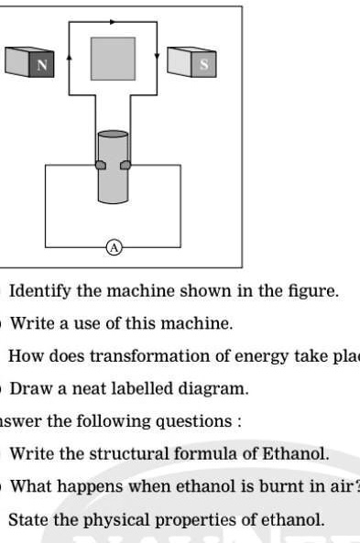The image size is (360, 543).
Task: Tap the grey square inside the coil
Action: click(x=113, y=59)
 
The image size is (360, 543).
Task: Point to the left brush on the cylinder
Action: click(x=100, y=165)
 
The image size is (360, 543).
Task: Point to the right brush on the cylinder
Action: click(x=126, y=165)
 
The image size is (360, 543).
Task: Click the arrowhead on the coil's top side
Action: click(x=114, y=20)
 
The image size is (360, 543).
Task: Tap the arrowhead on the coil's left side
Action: click(x=70, y=56)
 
